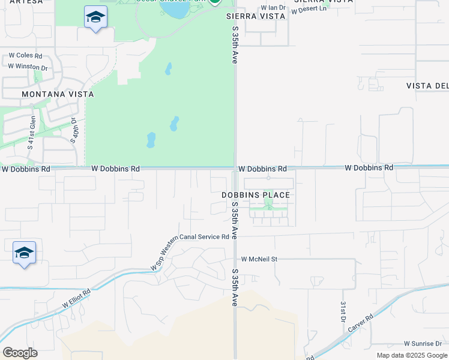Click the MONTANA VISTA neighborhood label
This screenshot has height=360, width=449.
tap(58, 94)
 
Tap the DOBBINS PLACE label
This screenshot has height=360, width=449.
tap(256, 195)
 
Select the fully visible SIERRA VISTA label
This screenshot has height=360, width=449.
tap(255, 16)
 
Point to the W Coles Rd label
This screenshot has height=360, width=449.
tap(25, 55)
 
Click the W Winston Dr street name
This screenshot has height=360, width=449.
tap(28, 67)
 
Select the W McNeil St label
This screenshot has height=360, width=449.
tap(259, 259)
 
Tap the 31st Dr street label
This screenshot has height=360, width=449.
tap(343, 311)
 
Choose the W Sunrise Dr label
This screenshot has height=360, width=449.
tap(423, 344)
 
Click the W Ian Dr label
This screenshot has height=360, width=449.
tap(273, 8)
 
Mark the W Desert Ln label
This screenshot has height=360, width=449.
tap(309, 9)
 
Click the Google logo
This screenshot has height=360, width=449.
tap(20, 352)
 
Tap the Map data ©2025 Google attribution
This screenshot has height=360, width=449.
tap(411, 355)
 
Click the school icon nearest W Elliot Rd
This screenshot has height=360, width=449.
tap(24, 253)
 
